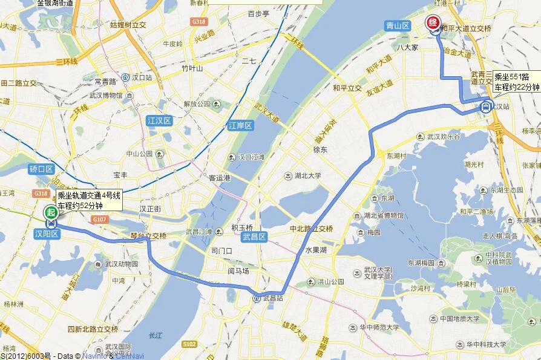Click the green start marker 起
[51, 212]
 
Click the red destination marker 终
[433, 23]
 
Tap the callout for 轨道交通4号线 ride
[90, 200]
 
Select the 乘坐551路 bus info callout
[516, 82]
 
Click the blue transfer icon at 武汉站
[485, 107]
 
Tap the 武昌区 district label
[254, 237]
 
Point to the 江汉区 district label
[160, 120]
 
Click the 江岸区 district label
[240, 126]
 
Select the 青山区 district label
[398, 25]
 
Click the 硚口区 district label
[42, 169]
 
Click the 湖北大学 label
[305, 176]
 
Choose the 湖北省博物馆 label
[383, 215]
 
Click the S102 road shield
[189, 344]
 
